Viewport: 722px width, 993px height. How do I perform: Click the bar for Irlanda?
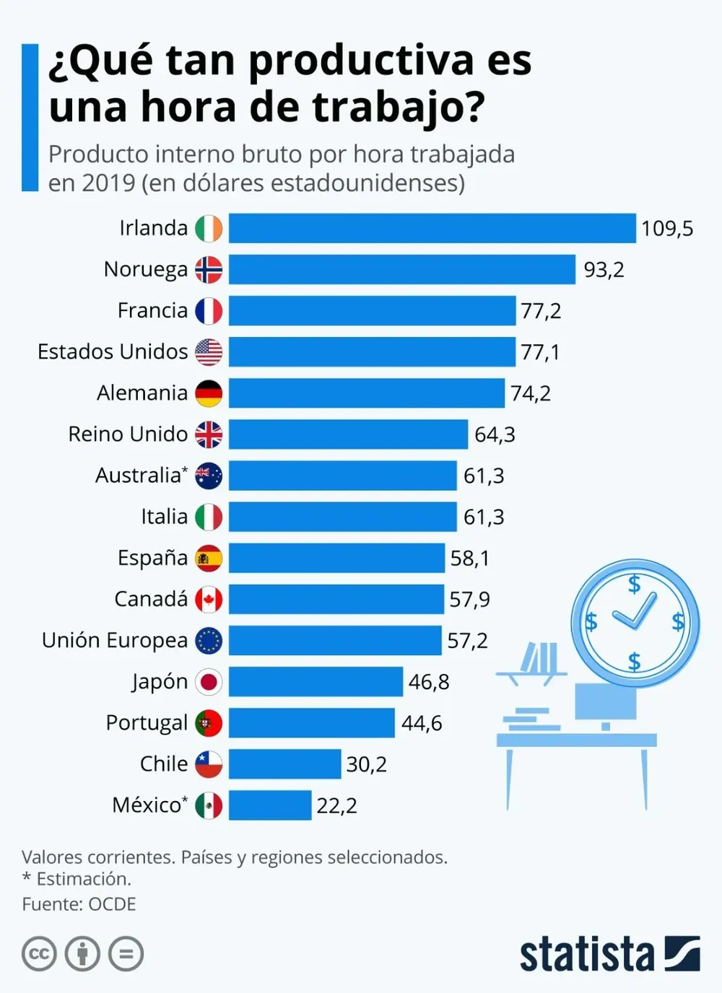(432, 228)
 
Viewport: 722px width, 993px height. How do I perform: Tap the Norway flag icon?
(209, 269)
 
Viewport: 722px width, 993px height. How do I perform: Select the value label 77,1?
(540, 352)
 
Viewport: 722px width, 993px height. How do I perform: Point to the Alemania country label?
(142, 393)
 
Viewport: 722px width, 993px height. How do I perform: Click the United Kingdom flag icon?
(209, 434)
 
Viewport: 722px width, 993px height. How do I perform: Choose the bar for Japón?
(316, 682)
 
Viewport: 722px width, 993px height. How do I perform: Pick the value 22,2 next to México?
(336, 805)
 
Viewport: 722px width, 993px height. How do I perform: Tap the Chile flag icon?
(209, 764)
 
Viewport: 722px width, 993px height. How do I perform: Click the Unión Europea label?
(115, 641)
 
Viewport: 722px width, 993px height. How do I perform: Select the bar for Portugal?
(311, 723)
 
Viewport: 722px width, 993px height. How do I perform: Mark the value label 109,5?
(666, 229)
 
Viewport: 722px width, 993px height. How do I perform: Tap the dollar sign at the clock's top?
(634, 583)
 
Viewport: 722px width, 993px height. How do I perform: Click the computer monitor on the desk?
(605, 702)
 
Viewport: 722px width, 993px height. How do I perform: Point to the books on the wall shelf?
(540, 657)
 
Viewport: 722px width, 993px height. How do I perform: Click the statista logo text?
(586, 955)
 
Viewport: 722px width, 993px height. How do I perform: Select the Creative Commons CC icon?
(39, 955)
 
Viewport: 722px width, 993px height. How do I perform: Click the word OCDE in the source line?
(112, 904)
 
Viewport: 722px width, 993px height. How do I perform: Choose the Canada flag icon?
(209, 600)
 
